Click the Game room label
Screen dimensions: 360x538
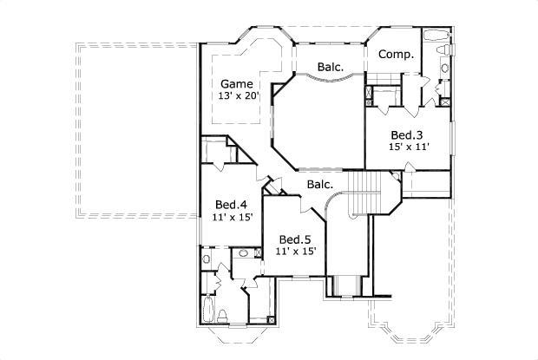coord(237,83)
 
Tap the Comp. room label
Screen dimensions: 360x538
coord(395,54)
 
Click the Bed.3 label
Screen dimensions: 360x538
coord(406,134)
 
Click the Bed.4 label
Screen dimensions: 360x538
coord(233,205)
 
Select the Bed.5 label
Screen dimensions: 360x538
coord(295,239)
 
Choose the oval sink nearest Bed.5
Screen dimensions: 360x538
coord(244,253)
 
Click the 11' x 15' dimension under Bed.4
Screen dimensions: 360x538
coord(233,217)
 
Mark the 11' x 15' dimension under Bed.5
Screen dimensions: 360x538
coord(295,251)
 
